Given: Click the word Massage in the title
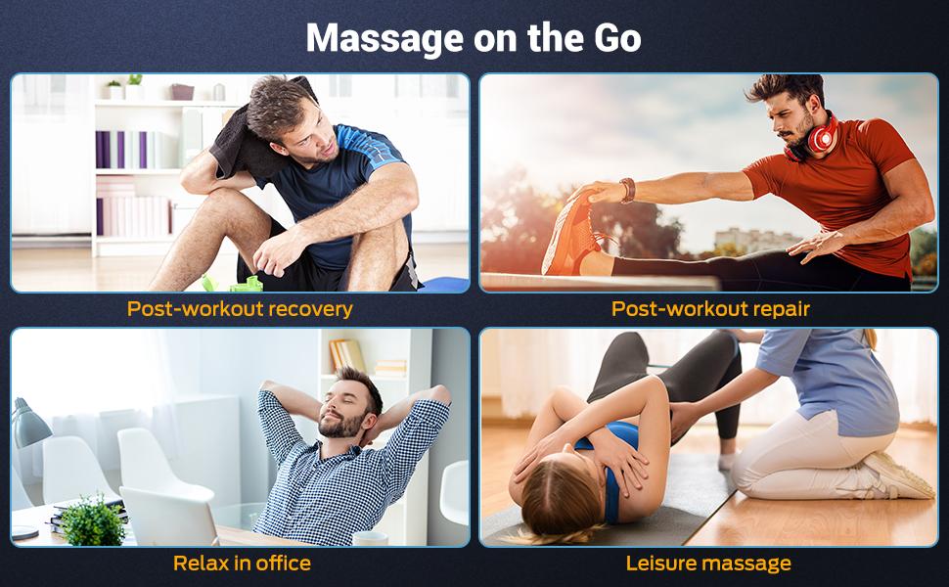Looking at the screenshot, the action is [384, 39].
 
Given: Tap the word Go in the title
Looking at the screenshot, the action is [616, 38].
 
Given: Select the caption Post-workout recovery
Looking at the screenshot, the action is [240, 309].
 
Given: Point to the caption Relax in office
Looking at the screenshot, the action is [242, 564].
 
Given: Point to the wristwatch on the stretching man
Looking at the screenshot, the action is [627, 190].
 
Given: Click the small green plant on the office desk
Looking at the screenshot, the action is [93, 521].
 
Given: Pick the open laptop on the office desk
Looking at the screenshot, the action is [168, 516].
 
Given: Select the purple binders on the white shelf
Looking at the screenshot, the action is [121, 150].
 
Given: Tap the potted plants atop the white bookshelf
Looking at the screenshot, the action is [124, 87].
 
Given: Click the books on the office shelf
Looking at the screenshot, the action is [347, 355].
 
